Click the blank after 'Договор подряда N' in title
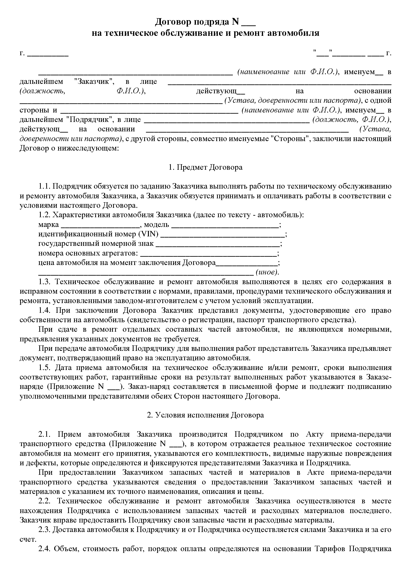pos(249,24)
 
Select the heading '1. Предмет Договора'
pos(205,167)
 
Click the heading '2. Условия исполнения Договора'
pos(205,415)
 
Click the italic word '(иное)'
pos(267,272)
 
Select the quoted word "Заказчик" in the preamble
pos(94,82)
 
